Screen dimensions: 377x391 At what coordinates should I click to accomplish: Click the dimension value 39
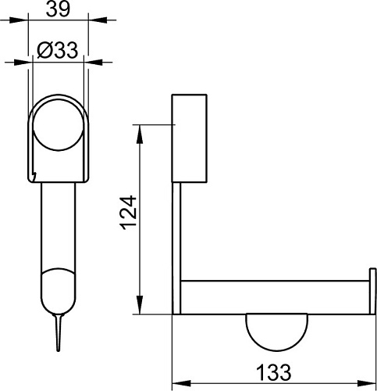[58, 9]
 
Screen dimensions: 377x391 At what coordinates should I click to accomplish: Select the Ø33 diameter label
[58, 50]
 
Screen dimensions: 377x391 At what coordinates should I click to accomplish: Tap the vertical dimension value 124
[129, 213]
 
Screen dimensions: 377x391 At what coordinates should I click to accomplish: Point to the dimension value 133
[273, 372]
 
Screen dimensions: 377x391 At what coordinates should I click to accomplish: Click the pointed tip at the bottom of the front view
[59, 350]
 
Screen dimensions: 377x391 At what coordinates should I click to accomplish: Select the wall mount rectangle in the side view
[189, 138]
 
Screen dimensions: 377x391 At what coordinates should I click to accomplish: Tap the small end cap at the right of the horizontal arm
[372, 291]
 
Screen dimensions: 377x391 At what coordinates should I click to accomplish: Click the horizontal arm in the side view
[275, 298]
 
